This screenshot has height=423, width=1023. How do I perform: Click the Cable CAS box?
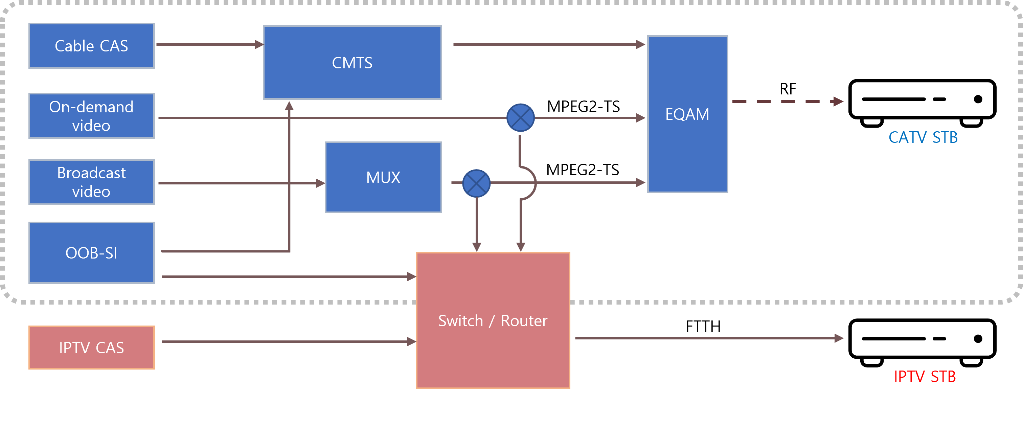click(x=91, y=46)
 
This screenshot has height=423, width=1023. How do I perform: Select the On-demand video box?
click(x=91, y=116)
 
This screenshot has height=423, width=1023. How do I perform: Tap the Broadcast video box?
click(x=91, y=182)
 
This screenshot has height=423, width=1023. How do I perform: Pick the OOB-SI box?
click(x=91, y=252)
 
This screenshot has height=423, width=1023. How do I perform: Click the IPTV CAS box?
click(x=91, y=348)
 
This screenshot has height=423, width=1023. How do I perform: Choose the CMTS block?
click(x=352, y=62)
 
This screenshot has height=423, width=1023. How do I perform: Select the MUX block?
click(x=383, y=177)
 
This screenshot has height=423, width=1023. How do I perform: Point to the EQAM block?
click(x=687, y=114)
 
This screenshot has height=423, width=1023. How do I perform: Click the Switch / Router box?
click(x=493, y=320)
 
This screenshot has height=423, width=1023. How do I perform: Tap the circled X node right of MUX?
click(x=477, y=183)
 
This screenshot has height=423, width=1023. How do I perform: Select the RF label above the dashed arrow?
click(x=788, y=89)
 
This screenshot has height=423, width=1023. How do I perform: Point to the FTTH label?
click(x=703, y=327)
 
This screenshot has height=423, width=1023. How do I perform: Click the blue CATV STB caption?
click(x=923, y=137)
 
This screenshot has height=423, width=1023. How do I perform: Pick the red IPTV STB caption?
click(x=925, y=377)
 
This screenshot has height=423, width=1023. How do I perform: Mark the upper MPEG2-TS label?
click(x=583, y=107)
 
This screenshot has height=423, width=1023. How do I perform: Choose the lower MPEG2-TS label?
click(x=583, y=170)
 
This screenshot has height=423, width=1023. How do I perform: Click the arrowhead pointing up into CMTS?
click(x=290, y=107)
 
